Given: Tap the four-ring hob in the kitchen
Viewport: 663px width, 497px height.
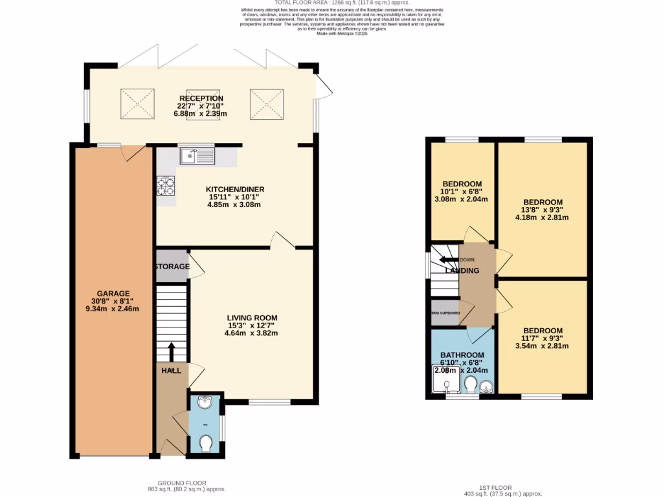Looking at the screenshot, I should (166, 186).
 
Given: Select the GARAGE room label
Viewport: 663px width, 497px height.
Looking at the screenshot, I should (113, 293).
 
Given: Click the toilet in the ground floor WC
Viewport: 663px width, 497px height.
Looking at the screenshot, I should (206, 443).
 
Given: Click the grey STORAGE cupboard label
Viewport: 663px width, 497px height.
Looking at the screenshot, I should (172, 267).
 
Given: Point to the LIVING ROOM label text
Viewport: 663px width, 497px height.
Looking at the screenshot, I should (252, 317).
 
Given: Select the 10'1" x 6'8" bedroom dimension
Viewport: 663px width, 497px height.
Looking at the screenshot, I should (462, 191).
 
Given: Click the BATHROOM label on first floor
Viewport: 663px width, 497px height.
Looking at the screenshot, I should (462, 355).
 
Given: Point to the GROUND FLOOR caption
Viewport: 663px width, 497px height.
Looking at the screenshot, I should (182, 483).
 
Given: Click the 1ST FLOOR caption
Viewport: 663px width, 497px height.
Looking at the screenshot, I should (495, 487).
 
